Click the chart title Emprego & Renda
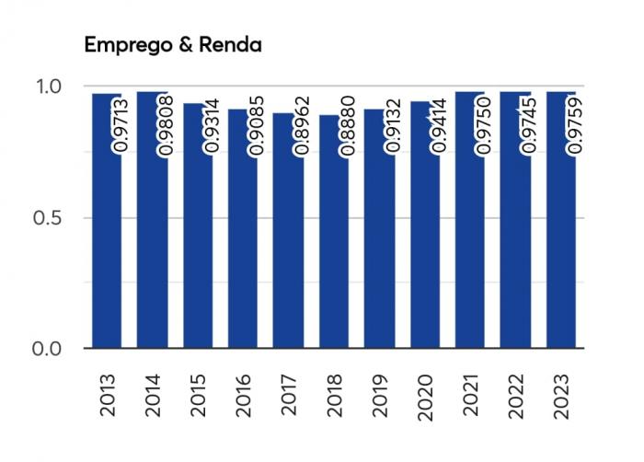tap(173, 45)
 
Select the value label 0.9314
tap(212, 130)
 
